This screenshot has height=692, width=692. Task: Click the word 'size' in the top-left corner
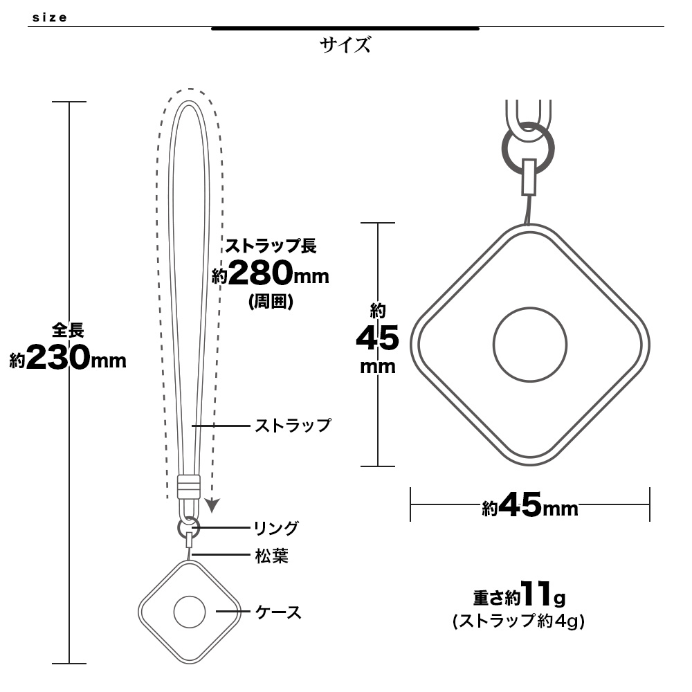(49, 18)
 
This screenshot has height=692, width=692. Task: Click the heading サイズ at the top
(345, 45)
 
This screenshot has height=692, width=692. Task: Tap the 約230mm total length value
(68, 358)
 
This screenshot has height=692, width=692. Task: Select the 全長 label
(68, 330)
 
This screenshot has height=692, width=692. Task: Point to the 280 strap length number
(260, 273)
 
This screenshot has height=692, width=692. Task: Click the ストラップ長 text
(271, 246)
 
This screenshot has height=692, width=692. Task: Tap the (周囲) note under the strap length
(271, 302)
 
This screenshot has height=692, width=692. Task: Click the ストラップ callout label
(293, 426)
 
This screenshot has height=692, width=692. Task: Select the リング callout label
(276, 528)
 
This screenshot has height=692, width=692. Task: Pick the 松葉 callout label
(272, 556)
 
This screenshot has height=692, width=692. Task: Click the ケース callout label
(278, 612)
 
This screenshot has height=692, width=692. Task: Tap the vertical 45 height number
(378, 338)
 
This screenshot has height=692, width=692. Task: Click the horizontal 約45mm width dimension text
(530, 505)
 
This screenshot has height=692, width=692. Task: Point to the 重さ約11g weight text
(520, 594)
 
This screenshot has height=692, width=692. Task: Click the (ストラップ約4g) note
(519, 621)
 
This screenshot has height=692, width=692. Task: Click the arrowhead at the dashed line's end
(212, 505)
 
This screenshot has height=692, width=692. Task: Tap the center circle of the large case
(530, 344)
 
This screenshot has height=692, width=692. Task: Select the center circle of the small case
(190, 612)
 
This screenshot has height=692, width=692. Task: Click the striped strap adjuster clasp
(189, 486)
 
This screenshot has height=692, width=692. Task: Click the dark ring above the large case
(528, 148)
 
